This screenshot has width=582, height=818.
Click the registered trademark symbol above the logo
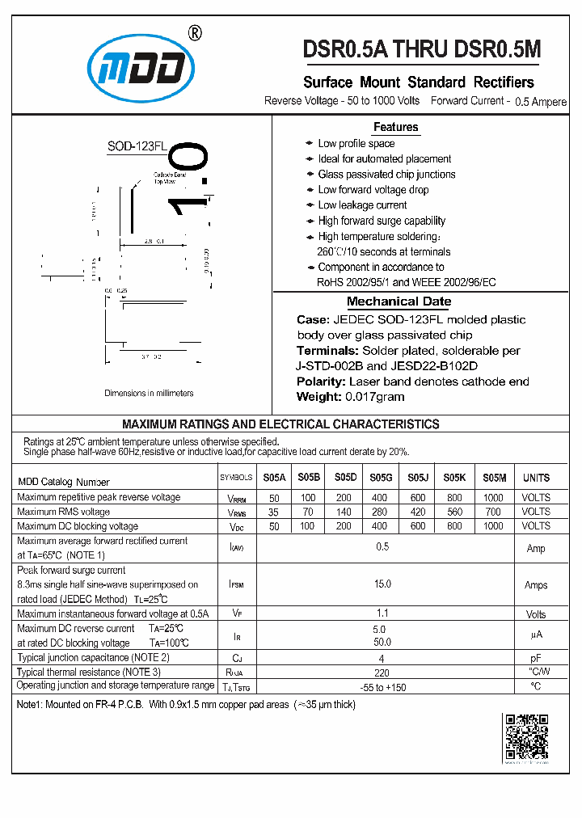click(195, 33)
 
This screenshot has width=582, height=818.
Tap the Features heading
click(395, 127)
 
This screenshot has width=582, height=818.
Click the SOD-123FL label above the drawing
click(137, 146)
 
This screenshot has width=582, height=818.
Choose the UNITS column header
click(536, 478)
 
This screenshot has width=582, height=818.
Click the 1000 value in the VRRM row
click(491, 497)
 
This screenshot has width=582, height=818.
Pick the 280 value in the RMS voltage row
click(380, 512)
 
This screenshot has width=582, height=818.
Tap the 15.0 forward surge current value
click(382, 584)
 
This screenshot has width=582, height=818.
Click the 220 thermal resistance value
click(382, 672)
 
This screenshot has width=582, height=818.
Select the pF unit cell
click(536, 658)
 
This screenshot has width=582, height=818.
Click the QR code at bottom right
click(526, 737)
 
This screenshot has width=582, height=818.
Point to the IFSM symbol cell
click(237, 584)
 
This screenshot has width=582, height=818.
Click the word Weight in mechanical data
click(318, 397)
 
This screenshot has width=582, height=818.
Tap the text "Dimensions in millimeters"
click(149, 394)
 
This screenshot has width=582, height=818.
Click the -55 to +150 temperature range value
click(382, 686)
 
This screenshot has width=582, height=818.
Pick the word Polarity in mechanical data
click(321, 382)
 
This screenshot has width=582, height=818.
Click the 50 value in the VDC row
click(274, 526)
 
